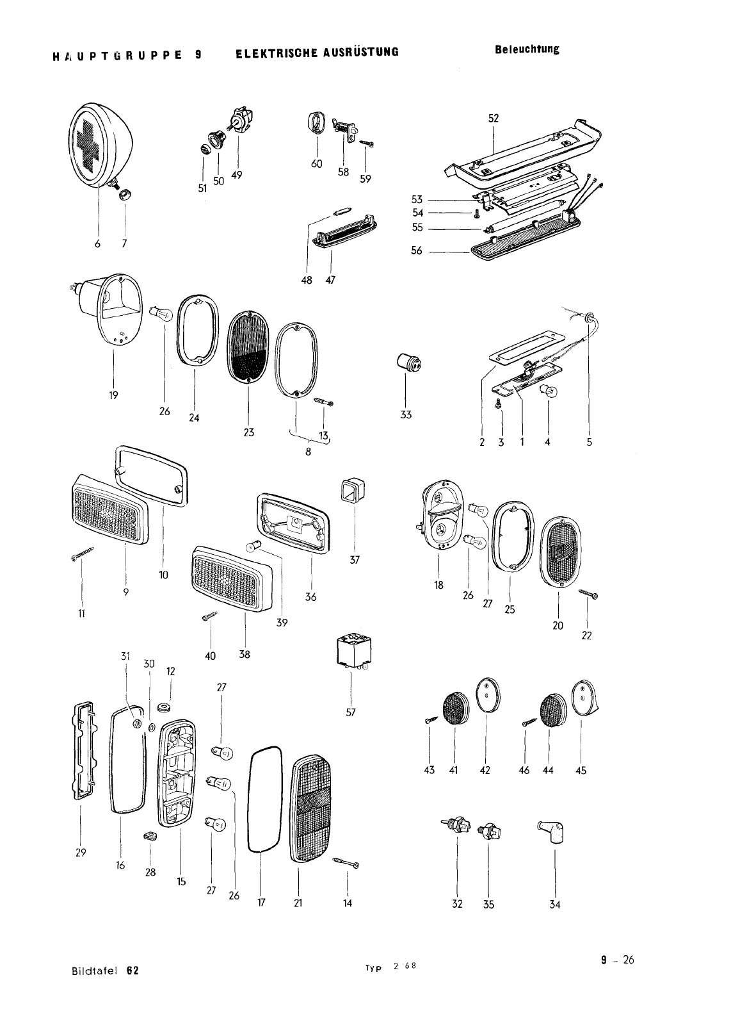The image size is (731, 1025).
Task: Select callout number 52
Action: tap(493, 118)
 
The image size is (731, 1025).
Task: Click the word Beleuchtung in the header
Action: tap(527, 49)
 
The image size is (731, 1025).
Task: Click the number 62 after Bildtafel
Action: tap(133, 970)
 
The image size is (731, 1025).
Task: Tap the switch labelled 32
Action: tap(456, 826)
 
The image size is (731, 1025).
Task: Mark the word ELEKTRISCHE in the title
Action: tap(271, 52)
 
